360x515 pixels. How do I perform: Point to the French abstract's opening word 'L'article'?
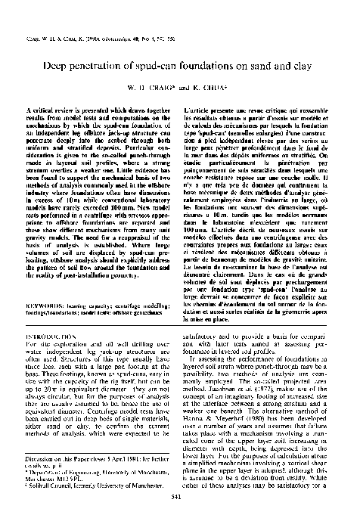click(198, 110)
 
